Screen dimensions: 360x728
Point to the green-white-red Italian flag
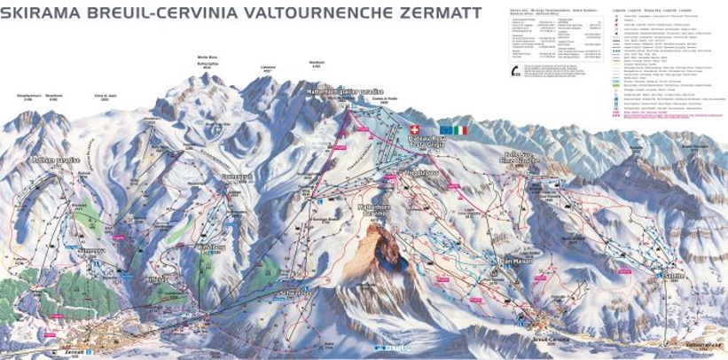coord(460,129)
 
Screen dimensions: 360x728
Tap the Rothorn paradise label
coord(55,160)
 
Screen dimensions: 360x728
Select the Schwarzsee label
coord(296,291)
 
